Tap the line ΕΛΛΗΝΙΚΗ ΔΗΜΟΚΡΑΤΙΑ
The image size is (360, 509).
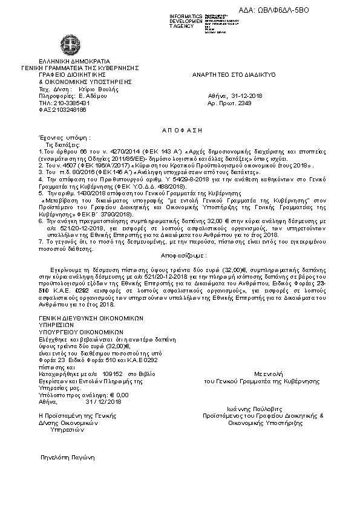(x=74, y=61)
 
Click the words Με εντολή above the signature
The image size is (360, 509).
(x=261, y=375)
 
